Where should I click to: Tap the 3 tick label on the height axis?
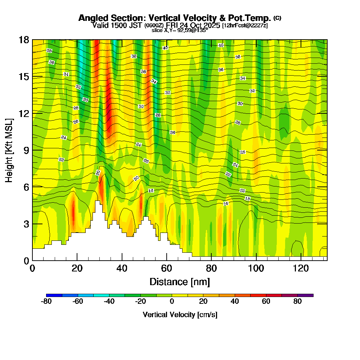(26, 224)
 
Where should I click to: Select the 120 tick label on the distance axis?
(301, 269)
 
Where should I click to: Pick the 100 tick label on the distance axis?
(256, 269)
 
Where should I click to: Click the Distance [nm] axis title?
(180, 282)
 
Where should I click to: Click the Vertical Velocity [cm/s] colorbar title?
(180, 315)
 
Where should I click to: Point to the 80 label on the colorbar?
(297, 302)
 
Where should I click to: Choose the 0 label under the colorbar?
(172, 302)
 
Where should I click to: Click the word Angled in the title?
(94, 18)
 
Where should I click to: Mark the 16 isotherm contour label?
(226, 204)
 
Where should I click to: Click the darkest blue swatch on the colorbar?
(54, 295)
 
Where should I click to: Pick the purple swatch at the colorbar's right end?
(305, 295)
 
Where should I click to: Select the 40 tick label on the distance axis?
(122, 269)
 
